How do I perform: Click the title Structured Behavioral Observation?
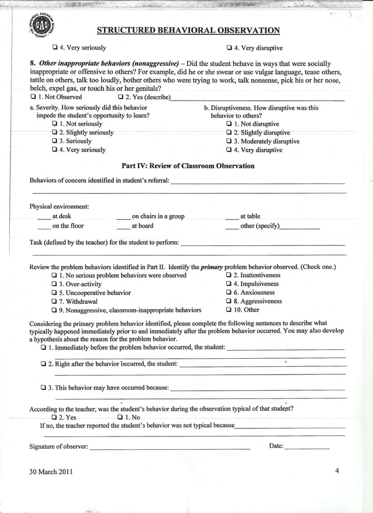point(188,30)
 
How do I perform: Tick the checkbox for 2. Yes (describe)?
point(121,97)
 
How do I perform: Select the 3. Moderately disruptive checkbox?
point(229,141)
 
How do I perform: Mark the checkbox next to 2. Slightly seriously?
point(54,133)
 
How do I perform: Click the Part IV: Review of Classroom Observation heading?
point(188,166)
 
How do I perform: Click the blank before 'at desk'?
point(44,217)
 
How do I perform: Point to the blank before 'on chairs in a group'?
point(123,217)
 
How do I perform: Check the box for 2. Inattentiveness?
point(229,275)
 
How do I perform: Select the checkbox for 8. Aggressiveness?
point(229,301)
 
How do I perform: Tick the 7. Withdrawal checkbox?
point(54,301)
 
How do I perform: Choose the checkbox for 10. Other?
point(229,310)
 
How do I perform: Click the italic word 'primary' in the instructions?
point(212,266)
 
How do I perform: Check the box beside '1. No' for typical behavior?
point(120,418)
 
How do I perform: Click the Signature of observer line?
point(170,448)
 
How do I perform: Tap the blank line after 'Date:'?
point(307,448)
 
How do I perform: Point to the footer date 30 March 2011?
point(51,472)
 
